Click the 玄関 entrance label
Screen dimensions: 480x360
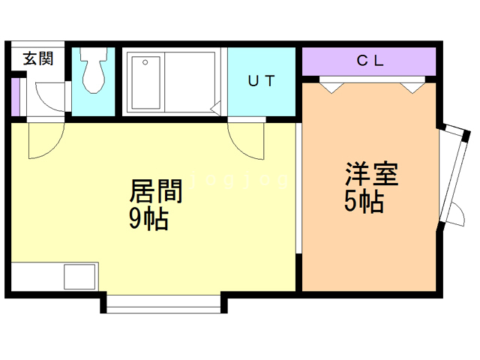38,58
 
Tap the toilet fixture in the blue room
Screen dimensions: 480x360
94,70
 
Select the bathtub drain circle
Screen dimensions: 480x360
145,62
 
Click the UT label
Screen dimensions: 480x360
262,81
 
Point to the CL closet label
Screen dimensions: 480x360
370,61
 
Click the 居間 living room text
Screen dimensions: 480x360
156,190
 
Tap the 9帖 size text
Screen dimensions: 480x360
148,218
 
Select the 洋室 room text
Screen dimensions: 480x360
372,173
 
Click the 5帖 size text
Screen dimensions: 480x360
364,202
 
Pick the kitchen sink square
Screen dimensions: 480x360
79,277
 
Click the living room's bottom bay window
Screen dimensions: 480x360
163,304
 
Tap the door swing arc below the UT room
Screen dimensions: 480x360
246,141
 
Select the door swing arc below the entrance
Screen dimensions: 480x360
46,140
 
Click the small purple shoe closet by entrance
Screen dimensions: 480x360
16,97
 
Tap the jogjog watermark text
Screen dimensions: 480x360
239,180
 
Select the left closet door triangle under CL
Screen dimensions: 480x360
331,88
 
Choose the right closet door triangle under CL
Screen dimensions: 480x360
413,88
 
